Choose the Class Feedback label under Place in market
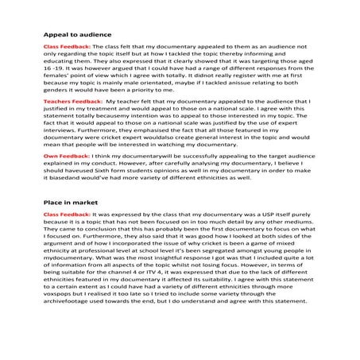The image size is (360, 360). tap(67, 215)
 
